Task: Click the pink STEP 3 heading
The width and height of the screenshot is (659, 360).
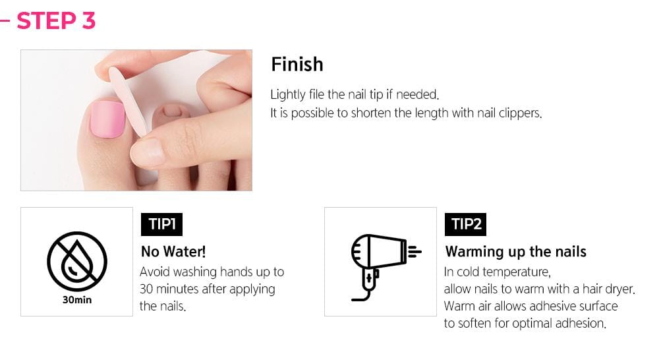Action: click(56, 20)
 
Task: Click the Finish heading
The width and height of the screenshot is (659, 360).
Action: click(297, 64)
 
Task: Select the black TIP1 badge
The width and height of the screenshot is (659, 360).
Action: click(161, 224)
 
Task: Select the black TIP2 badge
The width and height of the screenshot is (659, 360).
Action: click(466, 224)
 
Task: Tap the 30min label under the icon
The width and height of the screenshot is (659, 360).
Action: click(76, 301)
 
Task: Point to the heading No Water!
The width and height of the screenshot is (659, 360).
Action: click(173, 251)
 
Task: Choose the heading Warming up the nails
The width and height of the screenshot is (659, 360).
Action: click(515, 251)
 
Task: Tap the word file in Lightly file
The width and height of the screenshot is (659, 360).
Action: click(318, 94)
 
